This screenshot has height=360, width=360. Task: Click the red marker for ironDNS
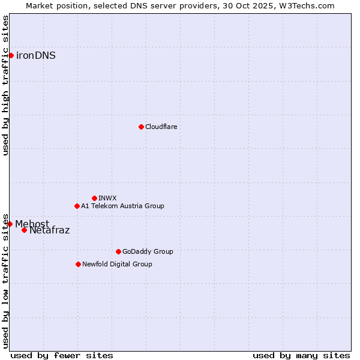11,56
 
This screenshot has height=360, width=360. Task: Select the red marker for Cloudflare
141,127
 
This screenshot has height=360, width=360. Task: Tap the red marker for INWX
94,198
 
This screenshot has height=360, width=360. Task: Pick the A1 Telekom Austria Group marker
77,206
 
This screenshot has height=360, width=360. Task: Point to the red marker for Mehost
10,224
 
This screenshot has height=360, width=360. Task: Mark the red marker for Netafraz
24,230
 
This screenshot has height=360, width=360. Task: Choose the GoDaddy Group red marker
118,251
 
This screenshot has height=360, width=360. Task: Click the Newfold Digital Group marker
78,264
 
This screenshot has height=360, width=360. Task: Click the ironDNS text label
36,56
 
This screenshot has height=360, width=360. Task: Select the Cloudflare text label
161,127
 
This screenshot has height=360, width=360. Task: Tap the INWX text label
108,198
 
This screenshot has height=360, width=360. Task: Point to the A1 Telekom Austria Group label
122,206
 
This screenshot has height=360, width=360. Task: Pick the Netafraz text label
50,230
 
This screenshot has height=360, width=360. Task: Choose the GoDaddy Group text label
148,251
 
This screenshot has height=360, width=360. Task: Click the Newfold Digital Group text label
117,264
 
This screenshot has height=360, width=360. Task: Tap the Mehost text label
32,224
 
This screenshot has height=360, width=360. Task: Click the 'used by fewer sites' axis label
62,355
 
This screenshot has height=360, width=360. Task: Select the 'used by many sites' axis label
301,355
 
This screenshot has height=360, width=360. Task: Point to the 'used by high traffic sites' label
6,85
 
